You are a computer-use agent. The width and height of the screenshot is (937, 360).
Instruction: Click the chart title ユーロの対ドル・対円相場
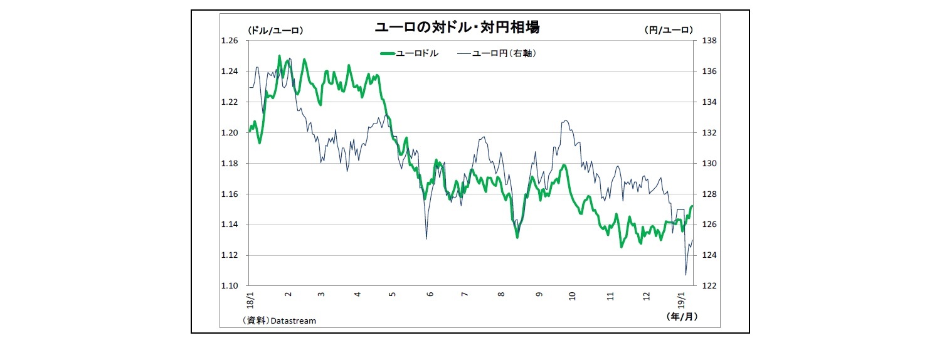tap(457, 28)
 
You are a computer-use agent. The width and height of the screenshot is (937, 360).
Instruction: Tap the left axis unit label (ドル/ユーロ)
tap(275, 29)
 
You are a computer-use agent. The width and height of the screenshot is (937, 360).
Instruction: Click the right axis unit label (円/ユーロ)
tap(668, 29)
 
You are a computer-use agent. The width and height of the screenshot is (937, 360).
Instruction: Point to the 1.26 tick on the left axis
tap(230, 41)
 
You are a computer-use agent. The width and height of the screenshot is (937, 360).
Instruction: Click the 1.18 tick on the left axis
tap(230, 164)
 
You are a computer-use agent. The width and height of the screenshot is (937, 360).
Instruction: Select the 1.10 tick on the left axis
tap(230, 286)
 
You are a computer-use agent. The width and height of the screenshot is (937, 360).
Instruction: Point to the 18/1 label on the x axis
tap(251, 297)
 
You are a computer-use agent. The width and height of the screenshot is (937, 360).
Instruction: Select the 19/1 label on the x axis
tap(683, 297)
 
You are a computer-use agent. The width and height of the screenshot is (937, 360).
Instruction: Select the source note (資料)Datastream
tap(279, 320)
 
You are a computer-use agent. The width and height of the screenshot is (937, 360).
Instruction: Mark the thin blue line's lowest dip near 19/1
tap(686, 275)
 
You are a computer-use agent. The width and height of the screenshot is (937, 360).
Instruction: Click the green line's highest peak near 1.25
tap(279, 56)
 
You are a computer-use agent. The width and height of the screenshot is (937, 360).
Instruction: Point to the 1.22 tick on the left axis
tap(230, 102)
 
